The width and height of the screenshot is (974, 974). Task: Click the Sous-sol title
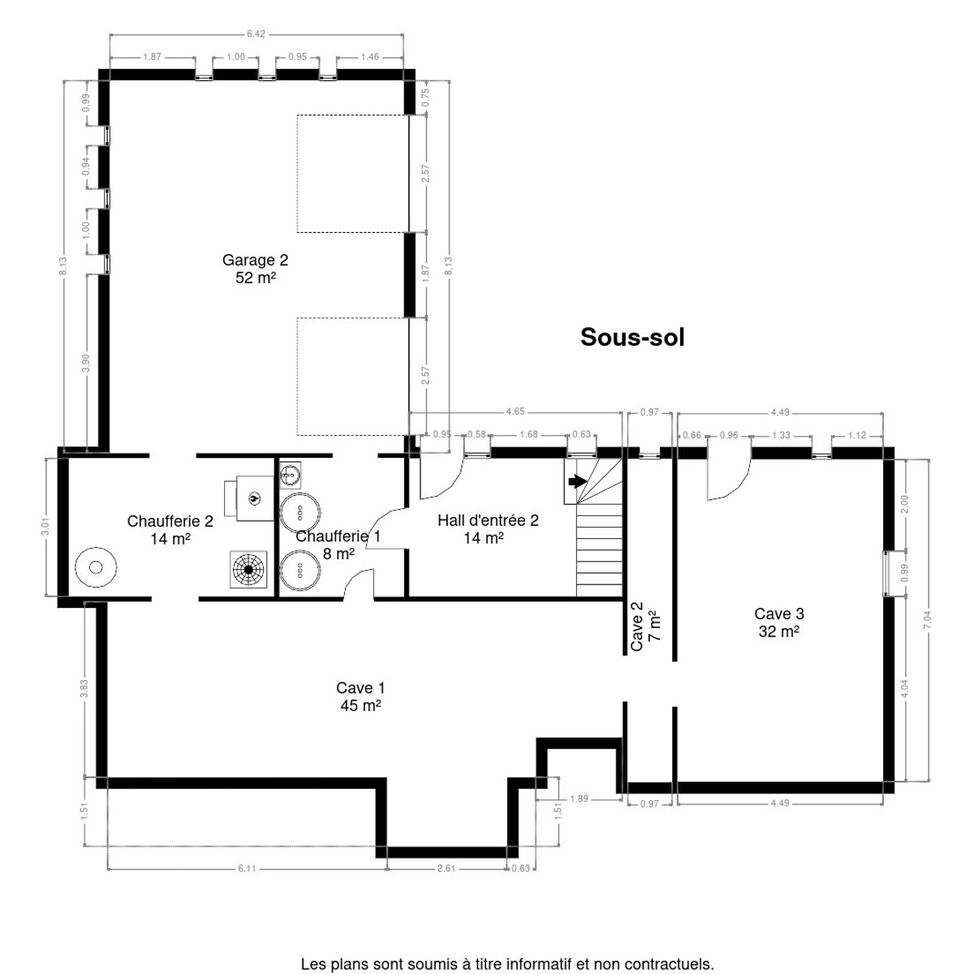[x=631, y=337]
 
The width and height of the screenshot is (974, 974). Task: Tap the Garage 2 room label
[x=255, y=269]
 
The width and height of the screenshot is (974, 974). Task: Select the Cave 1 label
[x=360, y=696]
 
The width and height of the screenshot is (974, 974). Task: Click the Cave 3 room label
[x=779, y=623]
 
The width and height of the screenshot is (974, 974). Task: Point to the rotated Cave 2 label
[x=645, y=626]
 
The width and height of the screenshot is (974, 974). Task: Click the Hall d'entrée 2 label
[x=488, y=528]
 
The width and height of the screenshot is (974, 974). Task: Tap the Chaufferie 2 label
[x=170, y=530]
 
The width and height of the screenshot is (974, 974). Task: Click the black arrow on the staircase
[x=578, y=481]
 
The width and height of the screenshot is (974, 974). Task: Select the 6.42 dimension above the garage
[x=256, y=34]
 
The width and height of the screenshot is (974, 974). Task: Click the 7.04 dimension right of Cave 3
[x=927, y=619]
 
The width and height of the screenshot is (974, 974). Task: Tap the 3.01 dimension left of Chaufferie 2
[x=45, y=526]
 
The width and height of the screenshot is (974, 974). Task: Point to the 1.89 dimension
[x=579, y=799]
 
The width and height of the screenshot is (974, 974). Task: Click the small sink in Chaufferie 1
[x=290, y=475]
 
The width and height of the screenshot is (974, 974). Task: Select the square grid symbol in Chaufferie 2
[x=248, y=570]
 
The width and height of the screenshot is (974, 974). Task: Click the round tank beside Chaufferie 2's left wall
[x=96, y=567]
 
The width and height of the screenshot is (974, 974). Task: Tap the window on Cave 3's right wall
[x=887, y=573]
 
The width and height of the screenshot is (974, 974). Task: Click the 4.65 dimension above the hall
[x=515, y=412]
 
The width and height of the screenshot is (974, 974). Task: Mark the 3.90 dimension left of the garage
[x=85, y=362]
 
